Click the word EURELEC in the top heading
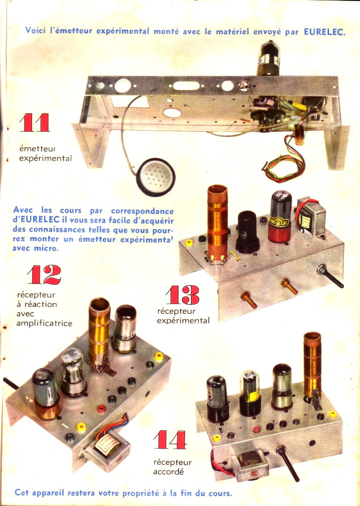pyautogui.click(x=324, y=32)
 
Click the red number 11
pyautogui.click(x=35, y=123)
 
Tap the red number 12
pyautogui.click(x=44, y=275)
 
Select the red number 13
pyautogui.click(x=182, y=295)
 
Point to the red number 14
pyautogui.click(x=170, y=439)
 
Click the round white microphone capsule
pyautogui.click(x=156, y=177)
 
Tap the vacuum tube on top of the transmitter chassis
pyautogui.click(x=268, y=58)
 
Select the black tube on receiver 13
pyautogui.click(x=247, y=231)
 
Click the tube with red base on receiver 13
pyautogui.click(x=280, y=216)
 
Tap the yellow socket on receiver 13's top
pyautogui.click(x=188, y=243)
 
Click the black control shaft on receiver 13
pyautogui.click(x=330, y=277)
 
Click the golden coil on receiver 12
pyautogui.click(x=99, y=335)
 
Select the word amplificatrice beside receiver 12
pyautogui.click(x=44, y=323)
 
